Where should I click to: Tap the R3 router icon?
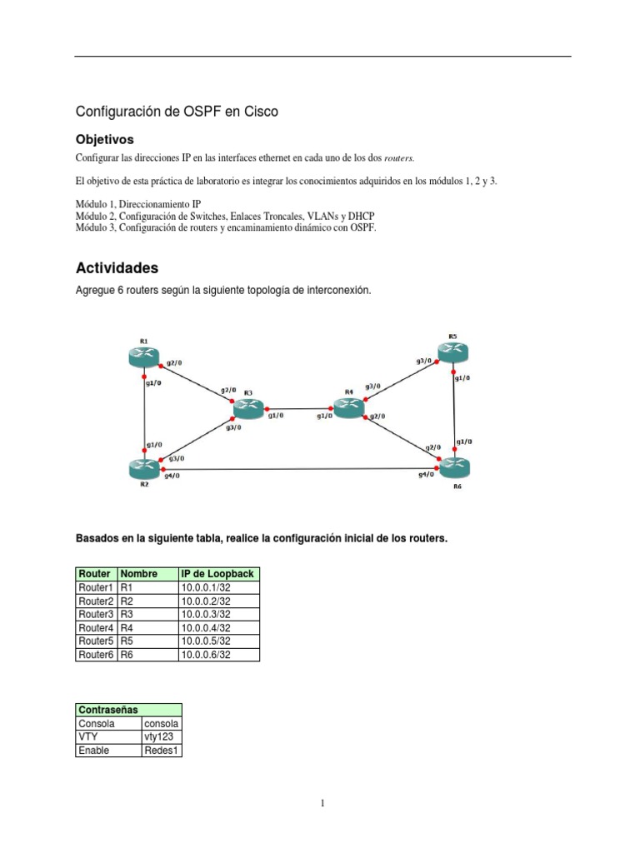coord(247,408)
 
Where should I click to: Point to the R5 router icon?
coord(452,353)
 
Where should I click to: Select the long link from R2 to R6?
coord(300,471)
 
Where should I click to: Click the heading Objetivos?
coord(105,139)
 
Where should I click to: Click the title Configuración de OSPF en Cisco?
coord(177,111)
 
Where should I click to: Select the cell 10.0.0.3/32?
coord(206,615)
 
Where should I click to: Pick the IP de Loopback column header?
coord(218,574)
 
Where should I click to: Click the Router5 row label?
coord(97,641)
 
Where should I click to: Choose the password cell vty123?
coord(160,737)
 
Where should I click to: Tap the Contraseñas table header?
coord(107,710)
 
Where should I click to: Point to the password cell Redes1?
coord(162,751)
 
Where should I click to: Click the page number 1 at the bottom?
coord(322,804)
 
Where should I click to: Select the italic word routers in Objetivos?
coord(398,157)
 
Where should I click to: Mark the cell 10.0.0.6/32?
coord(206,655)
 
